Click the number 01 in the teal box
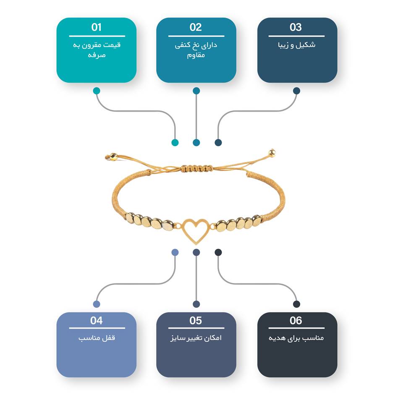point(97,27)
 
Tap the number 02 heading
point(196,27)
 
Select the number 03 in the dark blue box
point(296,27)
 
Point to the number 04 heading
point(97,320)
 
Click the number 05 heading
point(196,320)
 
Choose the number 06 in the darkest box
point(296,320)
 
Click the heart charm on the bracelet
point(196,230)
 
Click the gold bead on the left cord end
point(113,157)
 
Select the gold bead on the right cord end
point(272,153)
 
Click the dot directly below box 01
point(97,91)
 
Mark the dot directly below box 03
point(297,91)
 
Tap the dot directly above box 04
point(97,304)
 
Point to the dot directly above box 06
point(297,304)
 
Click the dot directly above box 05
point(196,304)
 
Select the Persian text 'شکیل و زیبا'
point(297,45)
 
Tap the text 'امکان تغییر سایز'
point(196,338)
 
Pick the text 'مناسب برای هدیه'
point(296,338)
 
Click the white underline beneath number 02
point(196,36)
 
